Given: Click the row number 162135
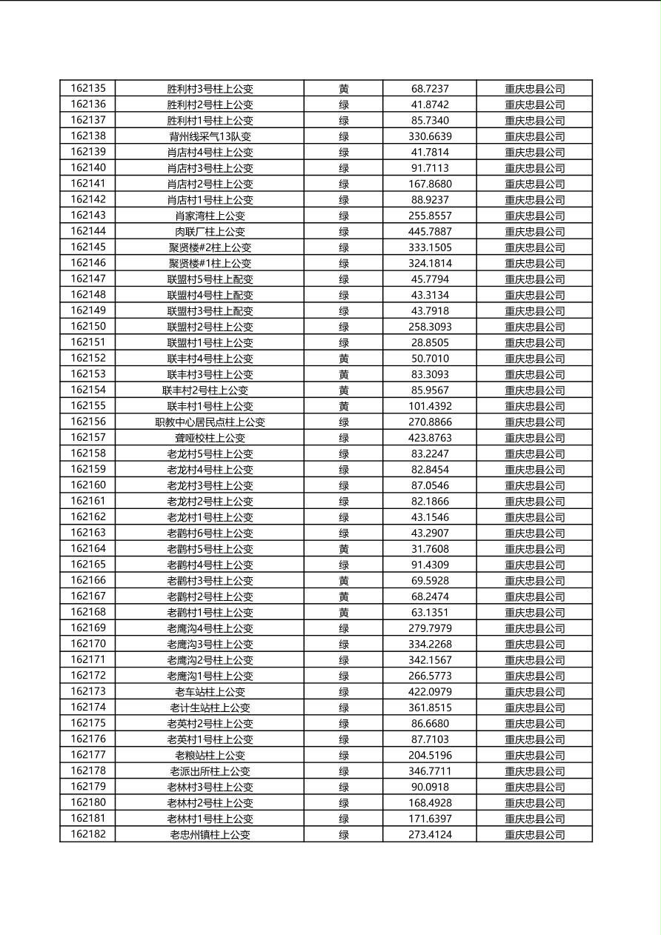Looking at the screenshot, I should point(88,88).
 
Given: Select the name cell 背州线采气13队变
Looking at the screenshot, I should point(210,136).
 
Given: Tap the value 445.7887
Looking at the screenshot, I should point(430,231).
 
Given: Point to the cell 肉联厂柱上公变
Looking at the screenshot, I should point(210,231).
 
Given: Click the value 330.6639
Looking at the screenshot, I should point(430,136).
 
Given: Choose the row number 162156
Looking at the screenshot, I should point(88,422).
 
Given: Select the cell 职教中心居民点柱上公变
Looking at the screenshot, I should point(210,422).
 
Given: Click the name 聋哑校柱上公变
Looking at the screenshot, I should point(210,438).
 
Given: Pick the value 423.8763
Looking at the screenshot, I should point(430,438).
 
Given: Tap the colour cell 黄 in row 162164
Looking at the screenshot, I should point(344,549).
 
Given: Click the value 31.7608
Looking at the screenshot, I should point(430,549).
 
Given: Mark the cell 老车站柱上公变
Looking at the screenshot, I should point(210,692).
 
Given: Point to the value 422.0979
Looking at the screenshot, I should point(430,692).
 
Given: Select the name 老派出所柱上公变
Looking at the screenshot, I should point(210,771).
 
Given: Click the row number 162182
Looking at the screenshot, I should point(88,834).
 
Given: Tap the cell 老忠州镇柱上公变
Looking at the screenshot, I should point(210,835).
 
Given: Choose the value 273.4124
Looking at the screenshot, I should point(430,835).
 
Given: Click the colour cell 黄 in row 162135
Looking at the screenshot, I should point(344,89).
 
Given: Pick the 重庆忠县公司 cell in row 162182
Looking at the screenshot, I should point(534,835).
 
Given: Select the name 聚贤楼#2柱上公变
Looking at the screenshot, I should point(210,247).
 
